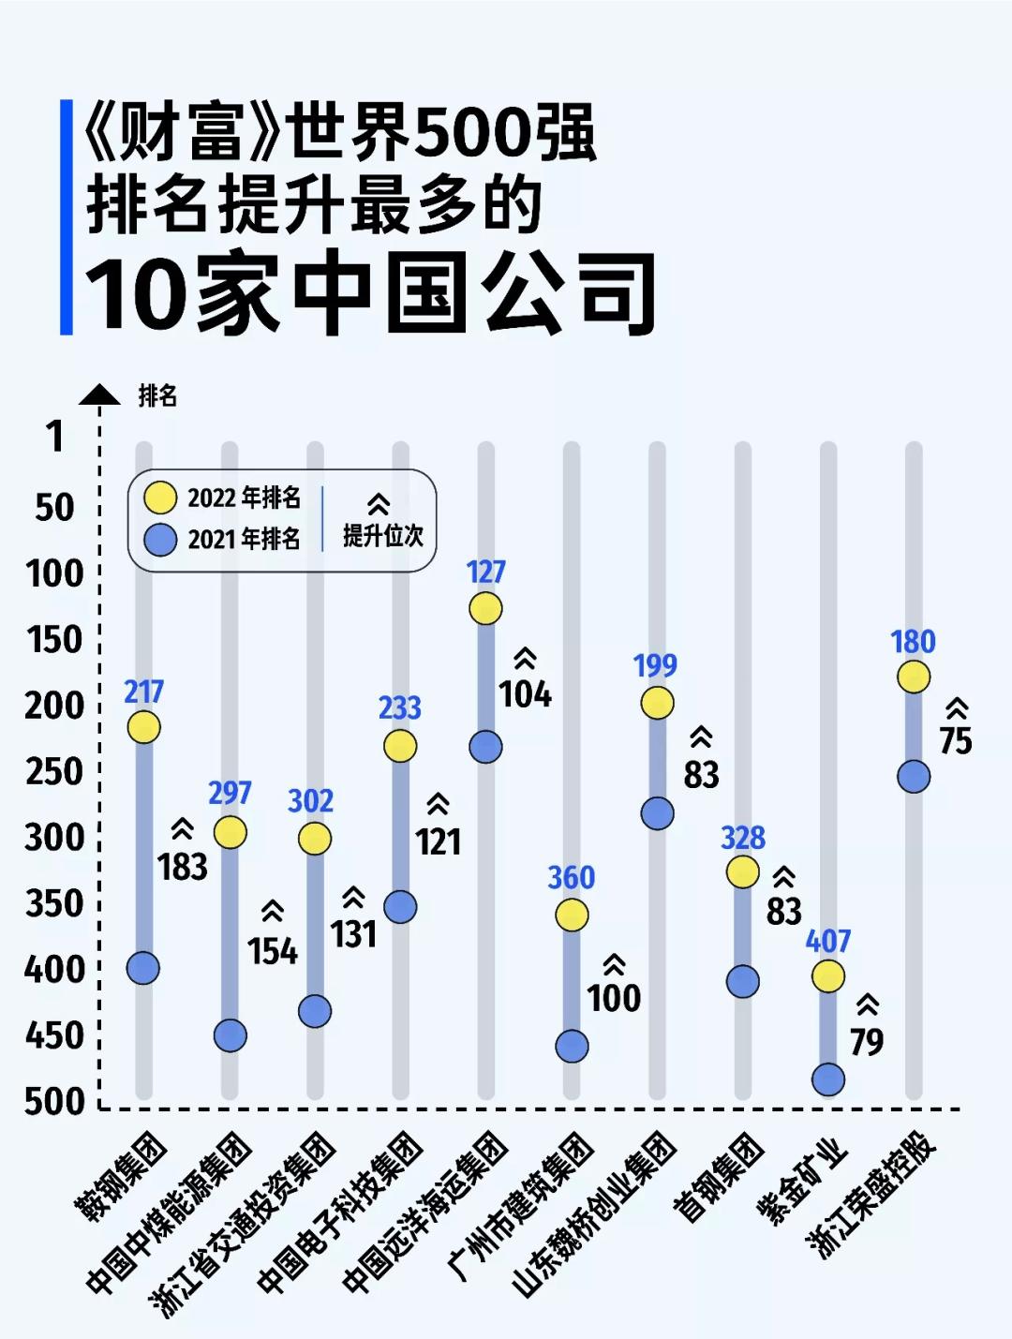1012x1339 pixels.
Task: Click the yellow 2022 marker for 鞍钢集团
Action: pyautogui.click(x=143, y=727)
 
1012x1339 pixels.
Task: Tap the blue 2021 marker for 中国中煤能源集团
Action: pyautogui.click(x=230, y=1035)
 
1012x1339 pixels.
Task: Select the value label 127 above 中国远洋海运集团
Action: pyautogui.click(x=485, y=572)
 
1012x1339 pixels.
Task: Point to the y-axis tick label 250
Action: pyautogui.click(x=54, y=772)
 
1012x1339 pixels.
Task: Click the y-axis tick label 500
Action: pyautogui.click(x=54, y=1102)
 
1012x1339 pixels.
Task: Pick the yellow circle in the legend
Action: pyautogui.click(x=160, y=498)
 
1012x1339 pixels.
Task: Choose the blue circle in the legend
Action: pyautogui.click(x=160, y=539)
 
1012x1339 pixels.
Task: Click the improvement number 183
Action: pyautogui.click(x=183, y=867)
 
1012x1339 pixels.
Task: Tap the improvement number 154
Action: pyautogui.click(x=272, y=951)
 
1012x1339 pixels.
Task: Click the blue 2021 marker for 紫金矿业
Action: pyautogui.click(x=828, y=1079)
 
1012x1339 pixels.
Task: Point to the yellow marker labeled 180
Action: pyautogui.click(x=914, y=677)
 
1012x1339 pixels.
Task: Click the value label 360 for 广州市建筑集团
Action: pyautogui.click(x=571, y=878)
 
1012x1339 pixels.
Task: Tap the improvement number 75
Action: pyautogui.click(x=956, y=741)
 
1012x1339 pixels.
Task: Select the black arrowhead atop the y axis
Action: pyautogui.click(x=99, y=395)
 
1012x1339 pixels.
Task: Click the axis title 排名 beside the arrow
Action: pyautogui.click(x=157, y=396)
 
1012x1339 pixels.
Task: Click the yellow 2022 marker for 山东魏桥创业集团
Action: pyautogui.click(x=657, y=702)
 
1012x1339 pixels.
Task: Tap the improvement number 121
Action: pyautogui.click(x=439, y=841)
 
